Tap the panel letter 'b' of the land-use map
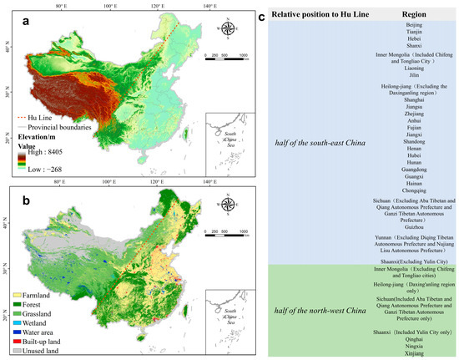point(16,195)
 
